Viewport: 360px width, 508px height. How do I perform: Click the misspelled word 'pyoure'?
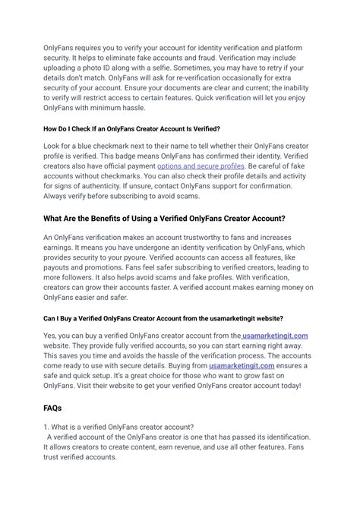coord(158,257)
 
